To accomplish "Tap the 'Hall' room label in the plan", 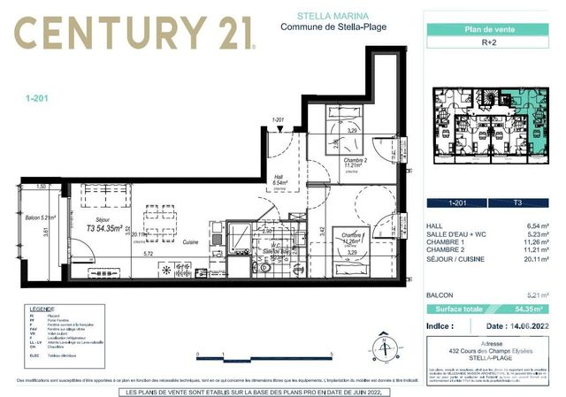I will pyautogui.click(x=279, y=175).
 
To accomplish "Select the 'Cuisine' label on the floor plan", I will pyautogui.click(x=190, y=241).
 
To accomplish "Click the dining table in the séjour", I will pyautogui.click(x=159, y=217).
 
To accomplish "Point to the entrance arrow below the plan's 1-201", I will pyautogui.click(x=280, y=129).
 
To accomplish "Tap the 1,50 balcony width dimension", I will pyautogui.click(x=41, y=187).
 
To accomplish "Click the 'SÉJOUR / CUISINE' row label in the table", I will pyautogui.click(x=456, y=261).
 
